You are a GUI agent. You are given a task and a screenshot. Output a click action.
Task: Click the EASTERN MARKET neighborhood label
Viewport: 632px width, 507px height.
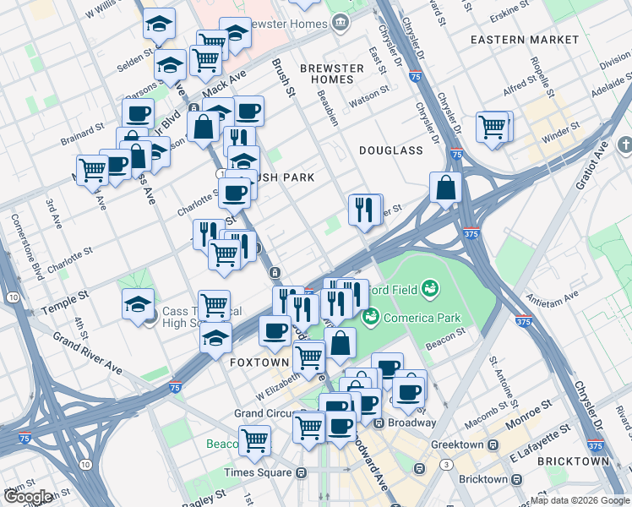pyautogui.click(x=525, y=40)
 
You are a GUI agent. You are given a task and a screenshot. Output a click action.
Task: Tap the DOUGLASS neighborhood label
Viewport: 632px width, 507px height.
pyautogui.click(x=390, y=150)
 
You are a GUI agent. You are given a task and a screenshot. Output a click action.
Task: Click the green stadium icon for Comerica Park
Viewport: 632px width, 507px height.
pyautogui.click(x=368, y=318)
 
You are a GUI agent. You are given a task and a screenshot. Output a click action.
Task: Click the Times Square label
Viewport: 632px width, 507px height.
pyautogui.click(x=256, y=472)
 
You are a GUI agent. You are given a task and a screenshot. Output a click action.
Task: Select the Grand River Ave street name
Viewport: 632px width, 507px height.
pyautogui.click(x=88, y=351)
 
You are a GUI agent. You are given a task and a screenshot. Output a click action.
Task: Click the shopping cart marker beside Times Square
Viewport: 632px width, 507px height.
pyautogui.click(x=253, y=439)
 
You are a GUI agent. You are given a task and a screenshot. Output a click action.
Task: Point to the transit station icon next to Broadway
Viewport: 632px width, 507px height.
pyautogui.click(x=379, y=422)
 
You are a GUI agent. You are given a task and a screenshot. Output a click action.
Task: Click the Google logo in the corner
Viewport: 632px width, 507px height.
pyautogui.click(x=27, y=497)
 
